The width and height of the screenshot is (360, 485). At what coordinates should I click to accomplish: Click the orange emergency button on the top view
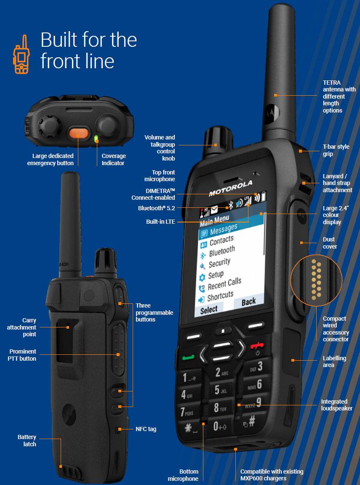click(79, 133)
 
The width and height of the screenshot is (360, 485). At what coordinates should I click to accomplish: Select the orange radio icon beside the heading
click(20, 55)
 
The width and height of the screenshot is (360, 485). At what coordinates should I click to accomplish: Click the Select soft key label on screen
click(209, 310)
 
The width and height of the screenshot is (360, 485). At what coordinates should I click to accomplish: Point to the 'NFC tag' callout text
click(146, 429)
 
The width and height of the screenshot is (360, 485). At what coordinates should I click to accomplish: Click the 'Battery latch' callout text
click(27, 440)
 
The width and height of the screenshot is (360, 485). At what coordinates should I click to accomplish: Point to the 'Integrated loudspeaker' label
click(336, 405)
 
